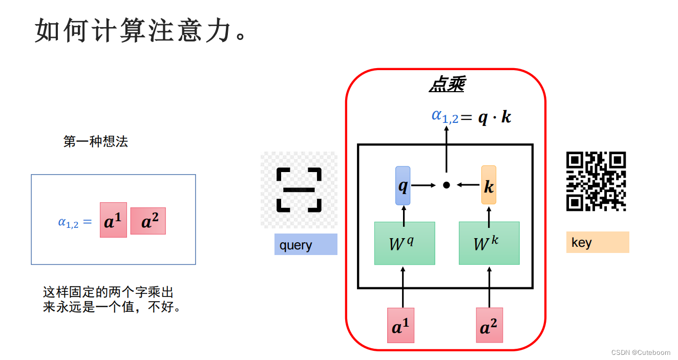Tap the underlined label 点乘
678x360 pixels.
click(x=446, y=85)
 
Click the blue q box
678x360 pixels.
click(x=403, y=185)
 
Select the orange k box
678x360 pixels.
click(x=489, y=185)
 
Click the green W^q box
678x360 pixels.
click(x=405, y=243)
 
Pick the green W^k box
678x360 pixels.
click(x=489, y=243)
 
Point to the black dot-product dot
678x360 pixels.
click(x=446, y=185)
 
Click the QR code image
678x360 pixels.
click(x=596, y=181)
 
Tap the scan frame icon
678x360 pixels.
click(x=299, y=189)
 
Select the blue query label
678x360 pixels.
click(x=306, y=245)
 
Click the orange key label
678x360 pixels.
click(x=597, y=242)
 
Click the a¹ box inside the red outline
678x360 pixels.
click(x=400, y=325)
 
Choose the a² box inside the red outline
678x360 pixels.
click(x=489, y=325)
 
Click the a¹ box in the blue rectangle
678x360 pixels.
click(x=113, y=220)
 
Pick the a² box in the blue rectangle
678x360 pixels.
click(x=148, y=221)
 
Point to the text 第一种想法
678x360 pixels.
click(x=95, y=142)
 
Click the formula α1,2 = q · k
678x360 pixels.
click(x=471, y=117)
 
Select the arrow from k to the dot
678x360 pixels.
click(x=469, y=185)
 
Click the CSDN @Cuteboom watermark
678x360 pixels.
click(x=640, y=352)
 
